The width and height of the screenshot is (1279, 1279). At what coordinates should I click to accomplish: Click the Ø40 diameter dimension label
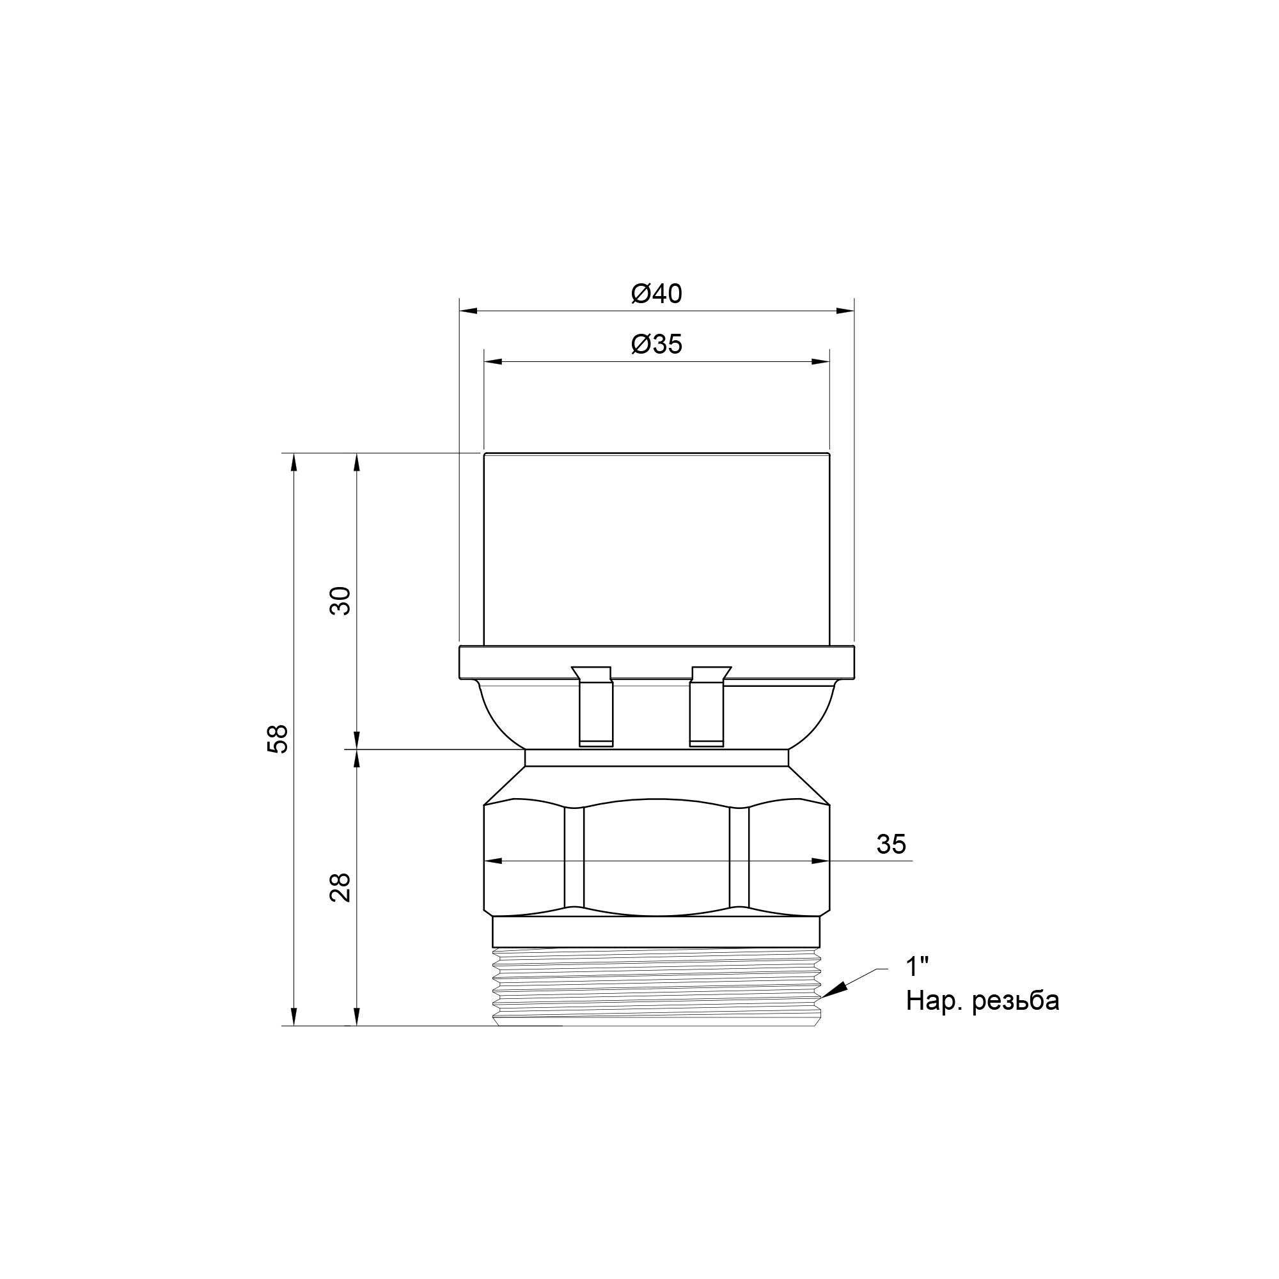pos(656,294)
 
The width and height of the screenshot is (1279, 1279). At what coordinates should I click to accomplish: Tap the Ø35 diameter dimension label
pos(656,344)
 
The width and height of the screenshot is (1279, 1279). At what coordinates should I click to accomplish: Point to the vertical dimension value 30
pos(340,601)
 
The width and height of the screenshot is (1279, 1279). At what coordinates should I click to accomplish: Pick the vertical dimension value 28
pos(340,887)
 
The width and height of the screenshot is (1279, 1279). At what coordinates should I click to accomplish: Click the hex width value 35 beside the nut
pos(890,844)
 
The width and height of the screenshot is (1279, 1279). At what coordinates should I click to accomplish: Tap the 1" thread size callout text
pos(917,967)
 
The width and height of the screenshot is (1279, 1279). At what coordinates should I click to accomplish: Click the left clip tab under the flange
pos(594,706)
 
